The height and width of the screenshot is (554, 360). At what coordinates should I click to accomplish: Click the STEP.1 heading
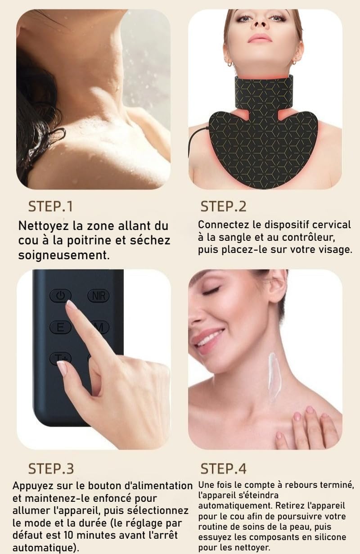click(x=50, y=207)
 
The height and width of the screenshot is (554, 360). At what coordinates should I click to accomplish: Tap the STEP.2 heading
click(x=223, y=207)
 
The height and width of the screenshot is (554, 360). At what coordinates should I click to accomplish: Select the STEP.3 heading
click(x=51, y=468)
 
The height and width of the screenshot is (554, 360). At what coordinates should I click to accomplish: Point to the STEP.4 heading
click(x=223, y=468)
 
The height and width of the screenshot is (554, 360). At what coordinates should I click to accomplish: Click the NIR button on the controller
click(x=98, y=296)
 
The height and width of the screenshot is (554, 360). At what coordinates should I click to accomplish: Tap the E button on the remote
click(x=60, y=327)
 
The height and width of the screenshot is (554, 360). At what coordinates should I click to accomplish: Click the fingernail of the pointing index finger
click(x=71, y=305)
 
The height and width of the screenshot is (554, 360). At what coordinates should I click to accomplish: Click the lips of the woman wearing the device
click(x=260, y=37)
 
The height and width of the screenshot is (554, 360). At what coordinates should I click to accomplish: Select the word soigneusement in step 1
click(x=63, y=255)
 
